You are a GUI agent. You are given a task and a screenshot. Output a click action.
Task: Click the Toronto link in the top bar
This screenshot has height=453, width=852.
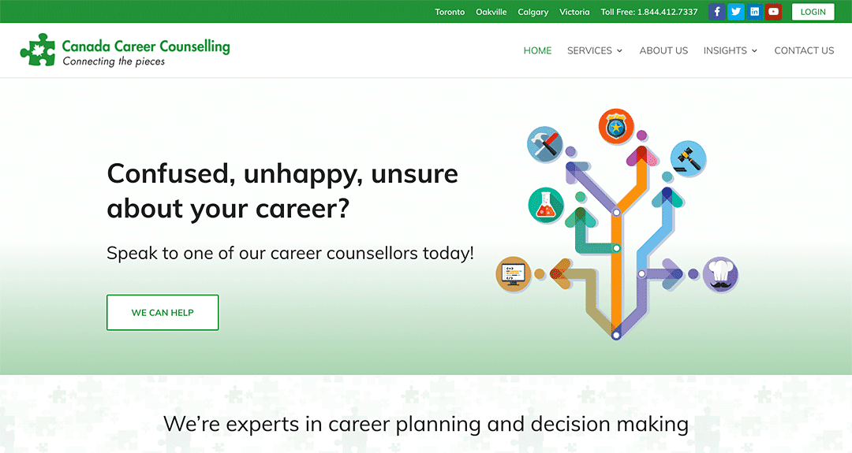(x=450, y=12)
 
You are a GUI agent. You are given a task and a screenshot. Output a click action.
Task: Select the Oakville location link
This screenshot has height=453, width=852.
(x=491, y=12)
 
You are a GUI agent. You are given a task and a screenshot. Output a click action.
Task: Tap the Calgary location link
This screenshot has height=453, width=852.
(x=533, y=12)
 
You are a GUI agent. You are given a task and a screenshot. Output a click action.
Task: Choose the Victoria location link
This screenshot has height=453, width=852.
(x=574, y=12)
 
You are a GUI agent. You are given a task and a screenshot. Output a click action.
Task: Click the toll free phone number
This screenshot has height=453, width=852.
(x=667, y=12)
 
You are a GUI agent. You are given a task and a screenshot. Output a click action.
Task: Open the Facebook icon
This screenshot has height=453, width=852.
(x=716, y=11)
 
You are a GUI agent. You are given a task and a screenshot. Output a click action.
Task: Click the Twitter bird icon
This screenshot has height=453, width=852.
(x=736, y=11)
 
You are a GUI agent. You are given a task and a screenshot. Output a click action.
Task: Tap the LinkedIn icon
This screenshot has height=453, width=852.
(x=755, y=11)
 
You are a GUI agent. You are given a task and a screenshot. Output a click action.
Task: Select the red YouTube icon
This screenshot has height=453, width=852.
(x=773, y=11)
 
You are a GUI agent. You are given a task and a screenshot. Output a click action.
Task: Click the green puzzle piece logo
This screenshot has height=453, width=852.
(x=38, y=50)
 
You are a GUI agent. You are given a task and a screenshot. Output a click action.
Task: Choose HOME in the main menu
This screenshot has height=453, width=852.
(x=537, y=50)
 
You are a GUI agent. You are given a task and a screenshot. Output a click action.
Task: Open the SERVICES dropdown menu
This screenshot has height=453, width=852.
(x=595, y=50)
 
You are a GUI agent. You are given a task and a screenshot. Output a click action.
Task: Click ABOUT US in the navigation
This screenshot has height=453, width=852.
(x=663, y=50)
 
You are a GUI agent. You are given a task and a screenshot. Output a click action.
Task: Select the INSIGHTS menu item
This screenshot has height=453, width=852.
(x=731, y=50)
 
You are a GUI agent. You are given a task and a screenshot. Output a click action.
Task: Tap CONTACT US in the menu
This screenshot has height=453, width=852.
(x=804, y=50)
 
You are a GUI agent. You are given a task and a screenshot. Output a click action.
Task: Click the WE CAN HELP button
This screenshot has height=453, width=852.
(x=163, y=313)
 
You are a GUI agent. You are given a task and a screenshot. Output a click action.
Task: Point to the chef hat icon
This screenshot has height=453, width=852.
(x=720, y=274)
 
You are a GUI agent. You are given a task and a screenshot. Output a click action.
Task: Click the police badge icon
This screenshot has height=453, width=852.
(x=616, y=126)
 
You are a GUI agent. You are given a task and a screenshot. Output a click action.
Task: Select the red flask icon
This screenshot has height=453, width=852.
(x=546, y=205)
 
